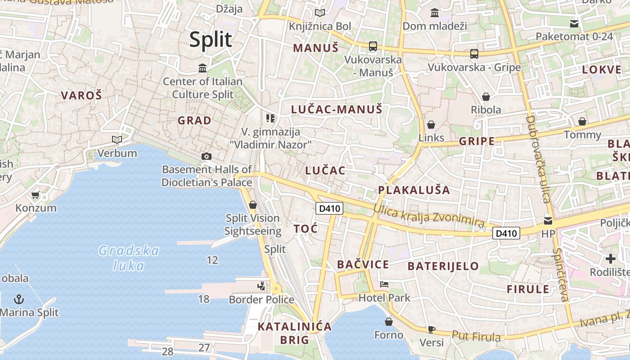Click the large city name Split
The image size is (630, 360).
(x=211, y=40)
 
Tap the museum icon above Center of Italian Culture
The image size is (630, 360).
(x=202, y=68)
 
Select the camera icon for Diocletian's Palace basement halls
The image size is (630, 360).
(x=207, y=156)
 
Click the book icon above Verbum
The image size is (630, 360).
(x=117, y=140)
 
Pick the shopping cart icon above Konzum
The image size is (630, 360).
(x=36, y=195)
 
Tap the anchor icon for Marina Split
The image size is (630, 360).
(x=19, y=299)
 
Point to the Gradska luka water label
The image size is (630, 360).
(x=129, y=258)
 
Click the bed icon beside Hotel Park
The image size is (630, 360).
(x=384, y=284)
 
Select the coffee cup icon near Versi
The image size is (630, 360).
(x=431, y=329)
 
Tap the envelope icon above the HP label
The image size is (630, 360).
(x=548, y=220)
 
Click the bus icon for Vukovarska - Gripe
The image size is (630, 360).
(x=474, y=54)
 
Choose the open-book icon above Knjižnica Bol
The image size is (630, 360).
(x=320, y=13)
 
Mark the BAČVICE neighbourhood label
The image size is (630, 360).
(x=363, y=265)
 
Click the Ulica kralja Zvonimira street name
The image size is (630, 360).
(x=428, y=216)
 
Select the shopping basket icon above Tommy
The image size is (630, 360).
(x=582, y=121)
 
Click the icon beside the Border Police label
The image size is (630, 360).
(x=261, y=286)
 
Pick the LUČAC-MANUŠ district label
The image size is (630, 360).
(x=337, y=109)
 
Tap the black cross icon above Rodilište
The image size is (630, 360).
(x=610, y=259)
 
